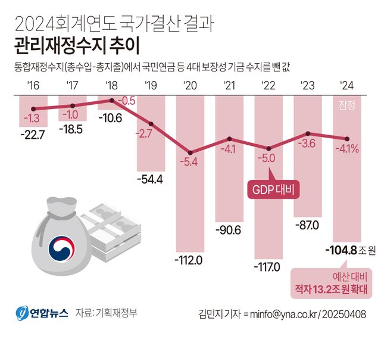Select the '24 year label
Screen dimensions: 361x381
tap(347, 85)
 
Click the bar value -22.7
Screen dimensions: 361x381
tap(33, 135)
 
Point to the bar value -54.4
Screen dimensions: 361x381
tap(151, 179)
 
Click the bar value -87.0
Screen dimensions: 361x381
tap(308, 225)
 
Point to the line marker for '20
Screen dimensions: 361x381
tap(190, 153)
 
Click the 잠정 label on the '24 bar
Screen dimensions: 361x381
tap(348, 106)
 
